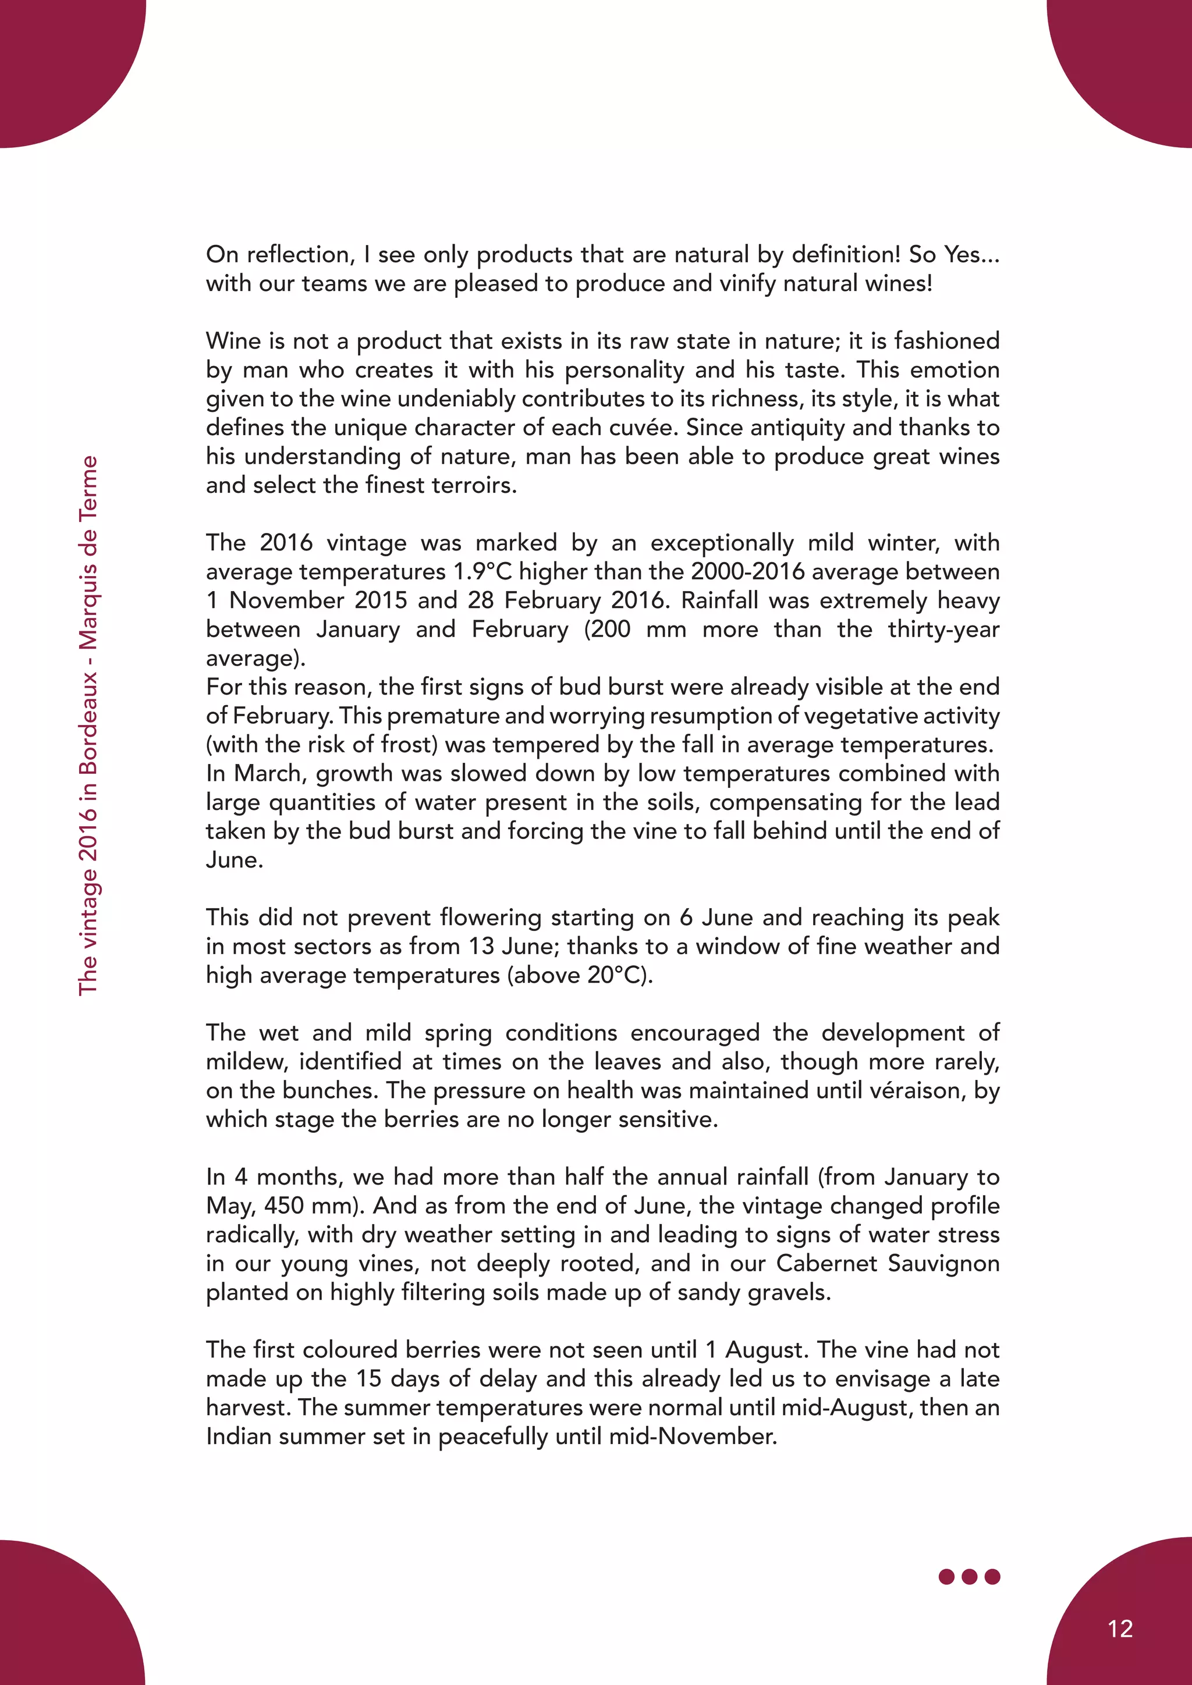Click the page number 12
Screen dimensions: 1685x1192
tap(1120, 1629)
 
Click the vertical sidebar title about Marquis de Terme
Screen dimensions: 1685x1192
tap(88, 725)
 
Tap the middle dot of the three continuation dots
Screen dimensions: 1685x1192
tap(970, 1576)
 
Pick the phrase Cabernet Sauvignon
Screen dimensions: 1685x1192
tap(888, 1263)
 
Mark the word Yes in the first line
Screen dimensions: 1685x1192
tap(962, 255)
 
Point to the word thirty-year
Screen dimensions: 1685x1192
tap(943, 629)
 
